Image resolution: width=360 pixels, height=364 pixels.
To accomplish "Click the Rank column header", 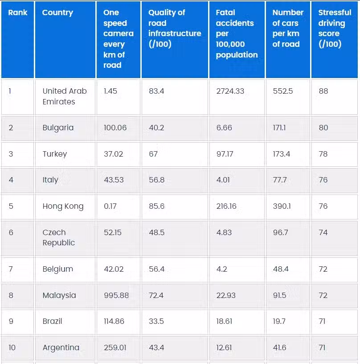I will click(x=18, y=12).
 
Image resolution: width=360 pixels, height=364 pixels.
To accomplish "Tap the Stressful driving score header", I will click(x=334, y=28).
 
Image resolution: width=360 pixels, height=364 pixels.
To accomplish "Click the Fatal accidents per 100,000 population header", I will click(x=237, y=33).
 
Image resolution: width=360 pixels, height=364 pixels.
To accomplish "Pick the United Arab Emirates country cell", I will click(x=65, y=96).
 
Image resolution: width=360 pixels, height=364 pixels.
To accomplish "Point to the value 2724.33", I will click(x=230, y=91).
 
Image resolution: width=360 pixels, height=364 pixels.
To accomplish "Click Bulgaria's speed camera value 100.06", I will click(x=115, y=128).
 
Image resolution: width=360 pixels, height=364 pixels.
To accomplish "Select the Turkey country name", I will click(x=55, y=154).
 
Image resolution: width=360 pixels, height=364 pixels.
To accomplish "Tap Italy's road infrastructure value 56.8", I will click(x=156, y=180).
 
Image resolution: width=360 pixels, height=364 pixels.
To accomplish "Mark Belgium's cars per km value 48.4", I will click(x=280, y=269).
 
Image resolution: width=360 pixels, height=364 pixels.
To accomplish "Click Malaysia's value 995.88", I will click(x=116, y=295).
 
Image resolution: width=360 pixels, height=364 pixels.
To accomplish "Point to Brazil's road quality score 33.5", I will click(x=156, y=321).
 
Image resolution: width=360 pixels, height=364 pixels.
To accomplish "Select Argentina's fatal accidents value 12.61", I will click(x=224, y=347).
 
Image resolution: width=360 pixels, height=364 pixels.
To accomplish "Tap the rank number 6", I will click(x=11, y=232).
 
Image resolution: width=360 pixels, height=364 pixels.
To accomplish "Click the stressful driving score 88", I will click(x=323, y=91).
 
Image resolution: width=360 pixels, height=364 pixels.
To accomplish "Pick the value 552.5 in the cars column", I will click(x=282, y=91).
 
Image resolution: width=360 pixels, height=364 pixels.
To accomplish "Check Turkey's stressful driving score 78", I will click(x=323, y=154).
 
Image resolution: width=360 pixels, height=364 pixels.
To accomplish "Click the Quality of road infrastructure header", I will click(x=174, y=28).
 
